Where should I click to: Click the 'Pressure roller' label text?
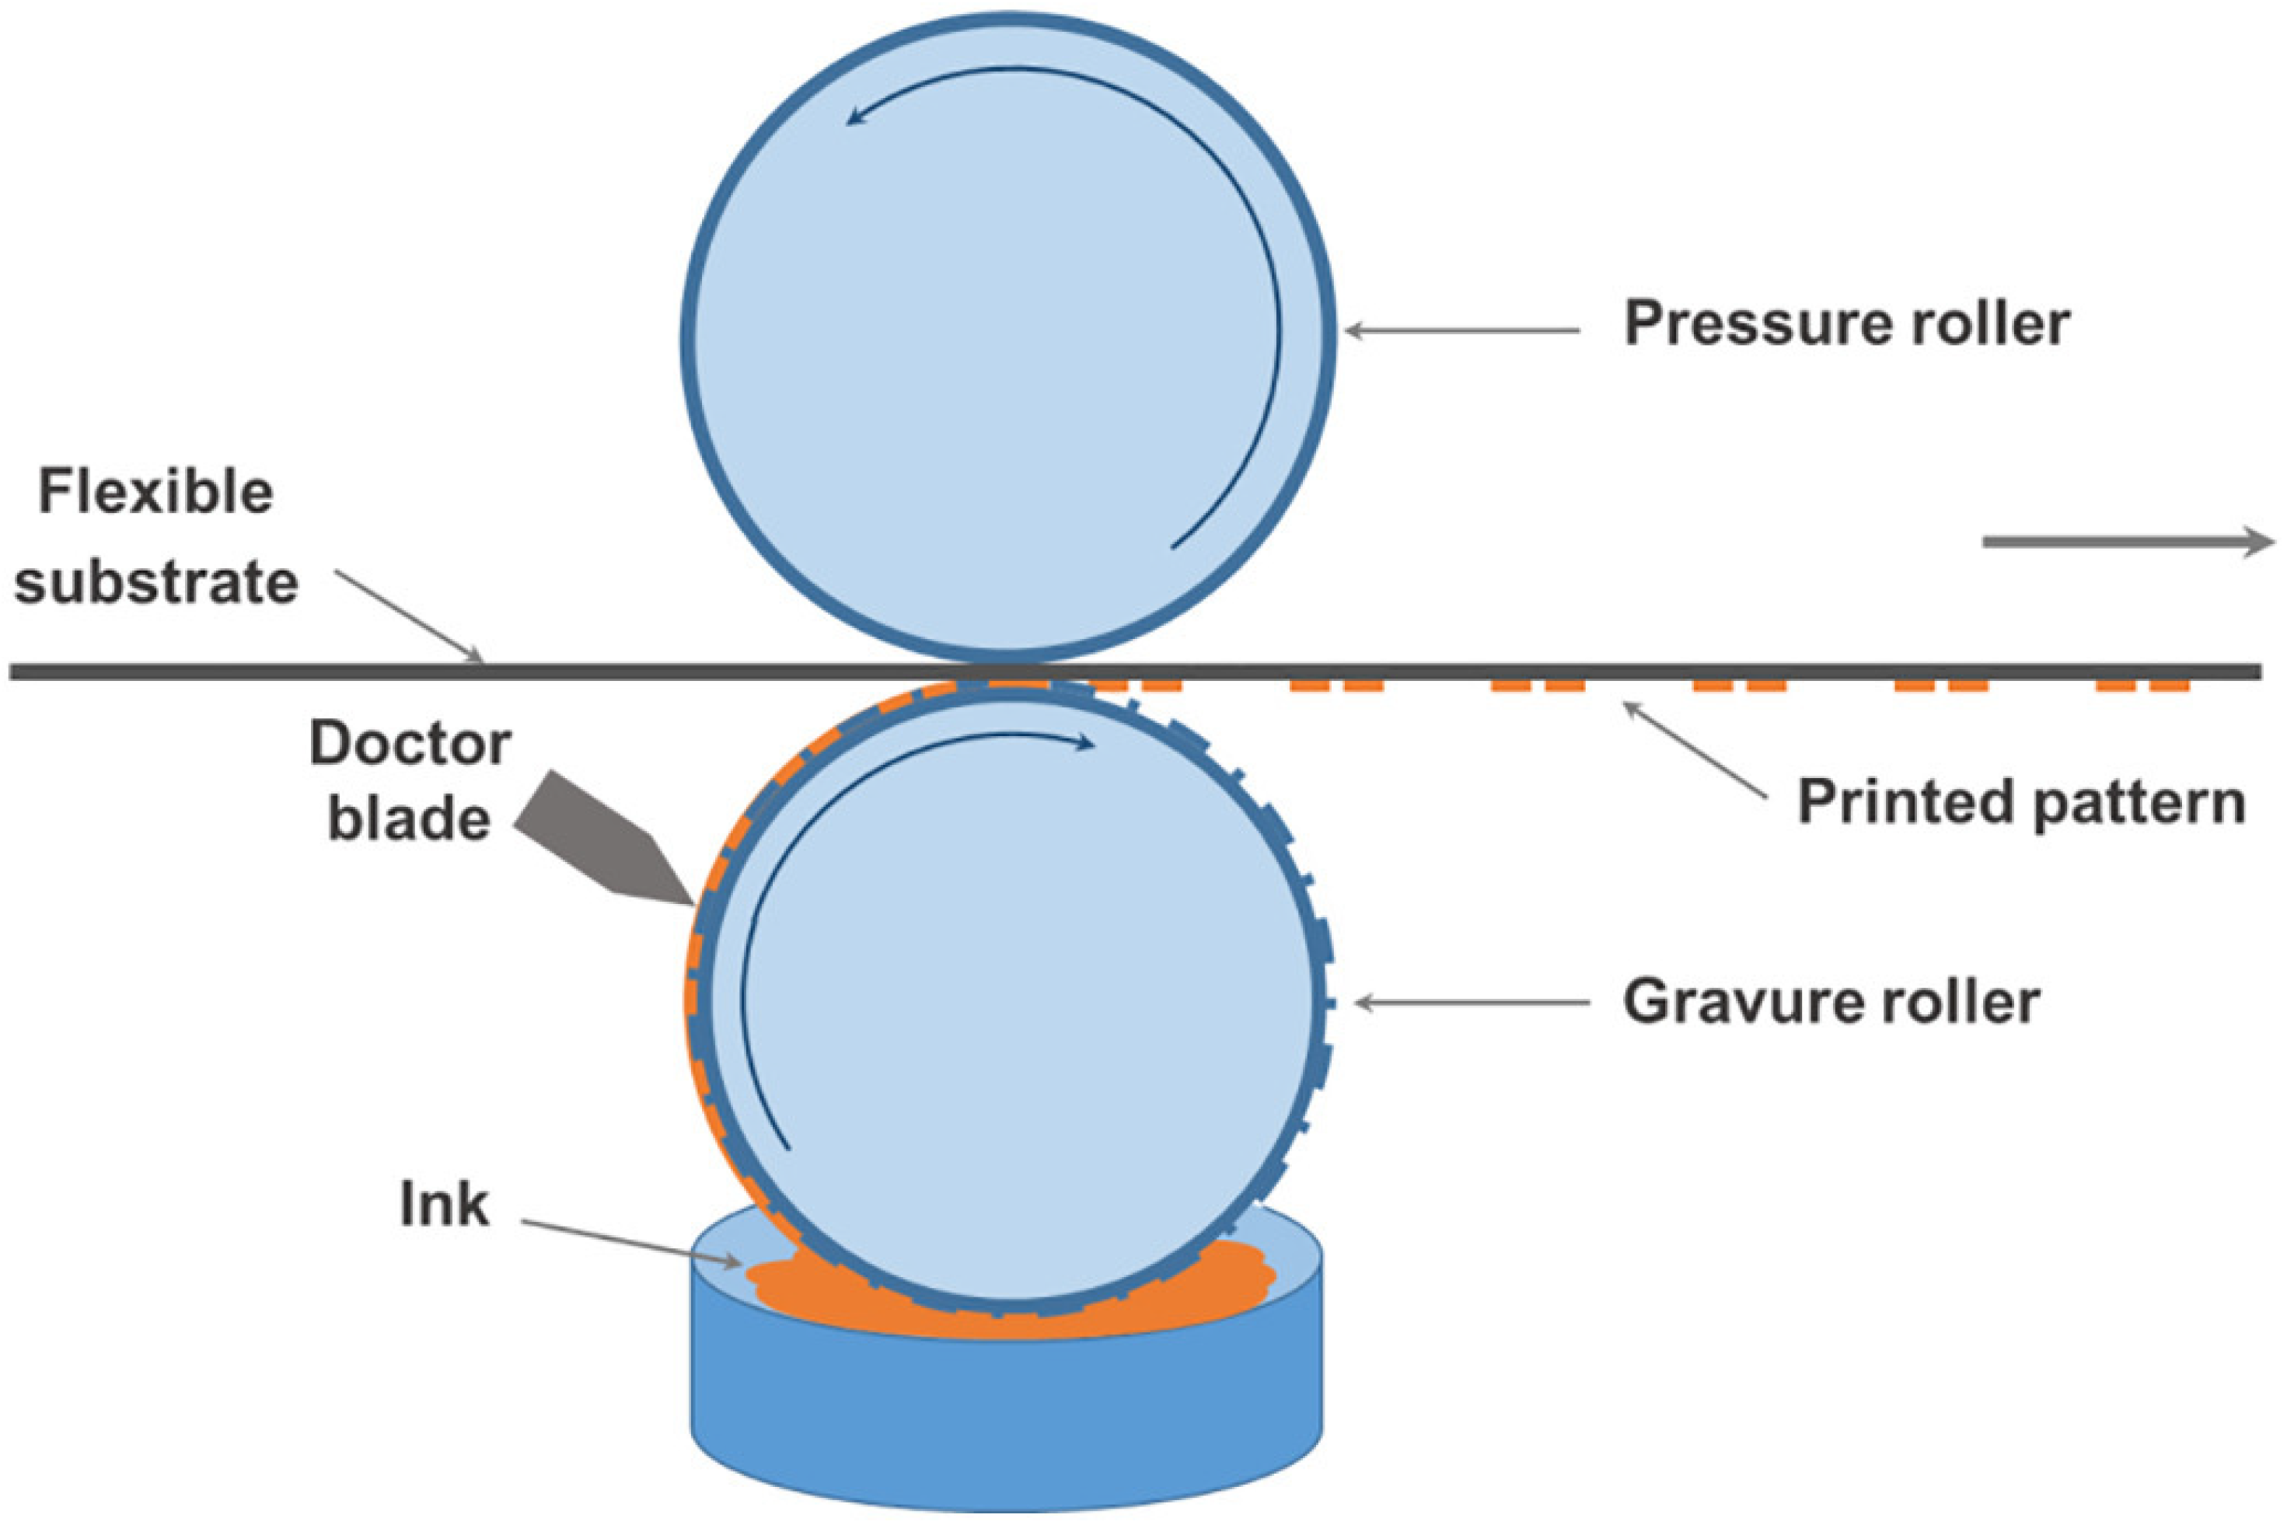(1845, 323)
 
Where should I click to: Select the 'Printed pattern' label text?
(2021, 802)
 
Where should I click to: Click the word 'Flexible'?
(155, 491)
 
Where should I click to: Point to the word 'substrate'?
(155, 582)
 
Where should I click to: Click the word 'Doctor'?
(410, 745)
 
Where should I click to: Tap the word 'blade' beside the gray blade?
(408, 818)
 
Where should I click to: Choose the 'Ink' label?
(444, 1204)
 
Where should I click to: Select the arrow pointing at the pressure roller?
(1461, 331)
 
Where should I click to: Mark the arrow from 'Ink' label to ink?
(630, 1242)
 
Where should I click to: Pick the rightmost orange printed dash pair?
(2142, 686)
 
